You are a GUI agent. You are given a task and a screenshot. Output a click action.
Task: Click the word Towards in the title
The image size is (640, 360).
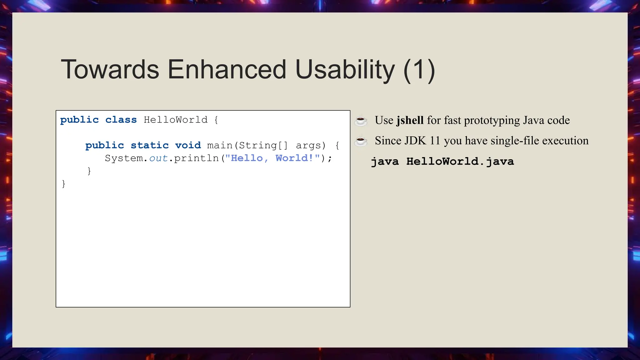(x=110, y=69)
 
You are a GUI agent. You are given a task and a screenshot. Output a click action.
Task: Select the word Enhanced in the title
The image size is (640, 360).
(x=227, y=69)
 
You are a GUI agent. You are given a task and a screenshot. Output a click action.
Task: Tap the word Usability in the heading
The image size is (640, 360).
(x=345, y=69)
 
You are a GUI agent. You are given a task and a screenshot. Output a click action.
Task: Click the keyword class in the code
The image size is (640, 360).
(x=121, y=120)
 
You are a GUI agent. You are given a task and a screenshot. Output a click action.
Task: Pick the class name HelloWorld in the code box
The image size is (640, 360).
(x=176, y=120)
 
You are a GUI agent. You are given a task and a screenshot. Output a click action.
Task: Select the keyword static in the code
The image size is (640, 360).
(x=150, y=146)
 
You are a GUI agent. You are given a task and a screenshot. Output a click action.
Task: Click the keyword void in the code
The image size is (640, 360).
(x=188, y=146)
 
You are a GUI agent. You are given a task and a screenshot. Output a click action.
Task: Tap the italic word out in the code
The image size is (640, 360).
(x=158, y=158)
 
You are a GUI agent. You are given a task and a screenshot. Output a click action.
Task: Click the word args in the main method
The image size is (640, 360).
(x=310, y=146)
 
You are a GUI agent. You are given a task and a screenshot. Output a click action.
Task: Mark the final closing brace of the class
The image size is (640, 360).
(x=64, y=184)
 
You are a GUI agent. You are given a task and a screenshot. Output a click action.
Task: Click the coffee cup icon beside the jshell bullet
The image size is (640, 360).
(x=361, y=121)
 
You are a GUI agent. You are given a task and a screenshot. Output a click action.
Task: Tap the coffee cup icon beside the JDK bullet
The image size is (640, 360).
(x=361, y=141)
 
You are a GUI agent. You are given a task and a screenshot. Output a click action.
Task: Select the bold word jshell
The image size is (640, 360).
(x=410, y=120)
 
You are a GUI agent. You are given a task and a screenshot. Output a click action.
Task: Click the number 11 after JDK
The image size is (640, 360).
(x=435, y=141)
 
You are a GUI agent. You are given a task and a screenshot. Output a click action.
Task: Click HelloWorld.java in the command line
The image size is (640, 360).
(x=460, y=162)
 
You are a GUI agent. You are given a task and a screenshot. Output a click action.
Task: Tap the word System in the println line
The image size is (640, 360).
(x=124, y=158)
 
